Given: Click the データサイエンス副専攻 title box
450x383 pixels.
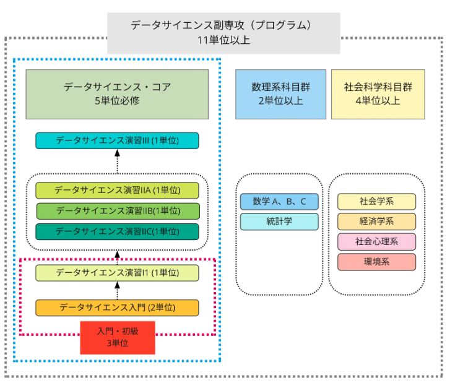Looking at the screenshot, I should (223, 33).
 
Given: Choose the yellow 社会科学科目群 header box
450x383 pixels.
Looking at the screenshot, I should (378, 94).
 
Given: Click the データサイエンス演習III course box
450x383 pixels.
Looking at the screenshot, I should (117, 140).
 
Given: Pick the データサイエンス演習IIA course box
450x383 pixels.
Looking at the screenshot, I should (117, 191).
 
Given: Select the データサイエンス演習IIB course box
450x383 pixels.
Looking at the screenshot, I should (117, 211).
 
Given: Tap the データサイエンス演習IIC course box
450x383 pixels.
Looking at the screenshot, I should (117, 231).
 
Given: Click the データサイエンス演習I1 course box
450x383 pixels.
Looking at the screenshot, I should (117, 272).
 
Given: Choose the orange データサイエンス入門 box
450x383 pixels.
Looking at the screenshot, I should (117, 308).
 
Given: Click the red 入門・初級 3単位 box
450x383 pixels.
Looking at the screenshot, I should (117, 337).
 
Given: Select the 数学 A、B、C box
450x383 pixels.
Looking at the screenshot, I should (279, 201).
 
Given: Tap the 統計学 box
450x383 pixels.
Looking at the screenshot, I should (279, 222).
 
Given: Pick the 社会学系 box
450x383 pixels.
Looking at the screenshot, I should (376, 201).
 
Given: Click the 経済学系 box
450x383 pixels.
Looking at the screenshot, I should (376, 222).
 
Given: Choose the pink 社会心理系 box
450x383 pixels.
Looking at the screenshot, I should (376, 242).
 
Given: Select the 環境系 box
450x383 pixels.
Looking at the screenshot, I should (376, 262).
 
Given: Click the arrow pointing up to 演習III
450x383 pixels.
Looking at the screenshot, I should (117, 161).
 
